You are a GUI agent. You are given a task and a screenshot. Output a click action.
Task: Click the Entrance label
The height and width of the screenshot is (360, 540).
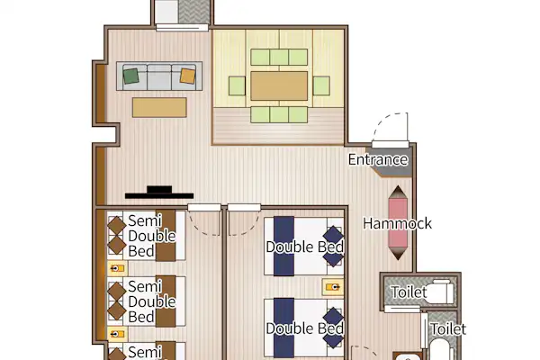[378, 160]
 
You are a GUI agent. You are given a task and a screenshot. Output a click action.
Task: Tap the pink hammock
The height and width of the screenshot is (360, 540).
[398, 223]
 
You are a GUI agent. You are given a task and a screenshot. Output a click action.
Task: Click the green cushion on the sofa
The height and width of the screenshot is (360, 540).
[130, 76]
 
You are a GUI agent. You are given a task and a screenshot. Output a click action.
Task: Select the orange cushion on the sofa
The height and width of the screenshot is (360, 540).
[188, 76]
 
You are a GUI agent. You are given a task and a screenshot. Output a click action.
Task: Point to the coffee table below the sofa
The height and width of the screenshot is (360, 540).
[159, 107]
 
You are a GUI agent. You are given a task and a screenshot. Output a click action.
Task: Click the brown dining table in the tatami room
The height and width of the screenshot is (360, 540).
[279, 86]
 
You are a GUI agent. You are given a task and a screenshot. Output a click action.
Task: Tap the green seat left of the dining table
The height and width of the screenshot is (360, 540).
[237, 85]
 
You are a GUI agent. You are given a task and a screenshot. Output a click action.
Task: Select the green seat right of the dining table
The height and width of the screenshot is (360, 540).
[321, 85]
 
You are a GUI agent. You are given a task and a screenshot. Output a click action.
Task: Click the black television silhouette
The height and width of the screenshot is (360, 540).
[159, 193]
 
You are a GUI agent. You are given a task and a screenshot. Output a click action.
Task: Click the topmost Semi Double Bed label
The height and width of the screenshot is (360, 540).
[151, 236]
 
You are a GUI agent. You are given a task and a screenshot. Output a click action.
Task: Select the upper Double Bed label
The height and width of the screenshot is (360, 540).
[305, 247]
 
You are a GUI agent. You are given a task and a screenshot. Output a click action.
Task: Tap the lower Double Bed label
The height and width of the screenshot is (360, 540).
[305, 328]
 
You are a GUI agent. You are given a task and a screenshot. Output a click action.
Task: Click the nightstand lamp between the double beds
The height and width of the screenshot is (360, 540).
[333, 287]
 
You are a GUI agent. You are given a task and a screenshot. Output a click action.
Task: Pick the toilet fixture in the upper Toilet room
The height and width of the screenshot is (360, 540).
[442, 292]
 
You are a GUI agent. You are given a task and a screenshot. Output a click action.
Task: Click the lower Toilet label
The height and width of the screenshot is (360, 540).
[448, 329]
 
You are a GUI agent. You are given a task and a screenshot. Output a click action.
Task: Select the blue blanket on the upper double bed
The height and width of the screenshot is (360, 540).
[284, 247]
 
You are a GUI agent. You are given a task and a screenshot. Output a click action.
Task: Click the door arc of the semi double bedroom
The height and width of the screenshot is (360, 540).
[204, 224]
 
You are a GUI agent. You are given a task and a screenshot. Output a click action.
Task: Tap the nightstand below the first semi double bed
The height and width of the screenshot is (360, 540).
[117, 268]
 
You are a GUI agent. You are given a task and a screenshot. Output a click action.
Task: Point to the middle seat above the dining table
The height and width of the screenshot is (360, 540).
[279, 58]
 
